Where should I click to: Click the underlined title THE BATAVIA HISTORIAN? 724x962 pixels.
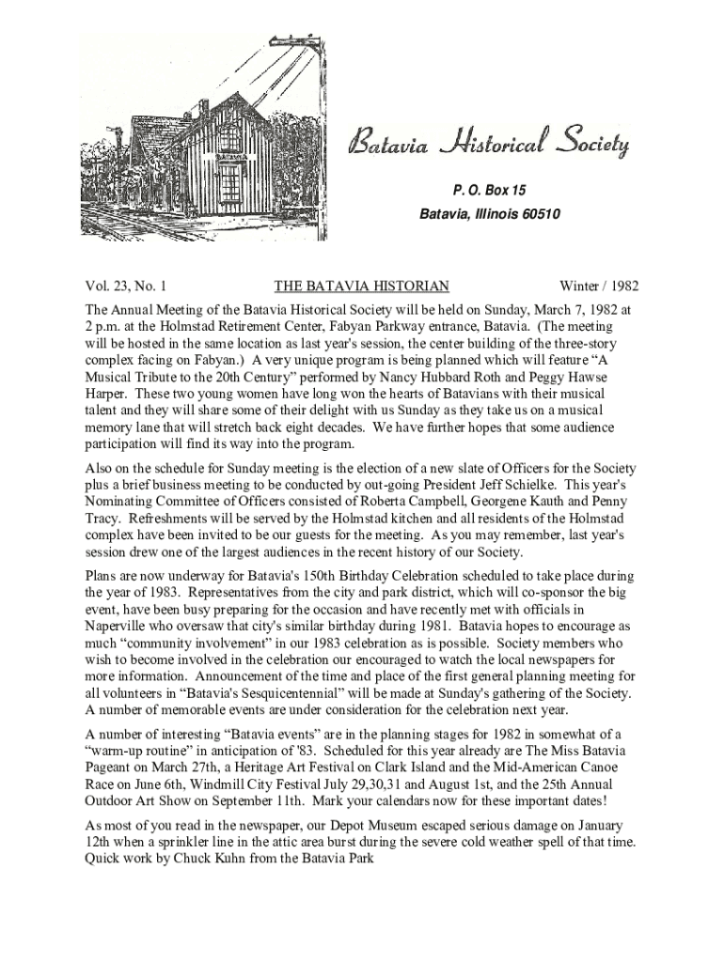click(x=361, y=286)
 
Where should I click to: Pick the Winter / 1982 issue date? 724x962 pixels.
click(x=599, y=286)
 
